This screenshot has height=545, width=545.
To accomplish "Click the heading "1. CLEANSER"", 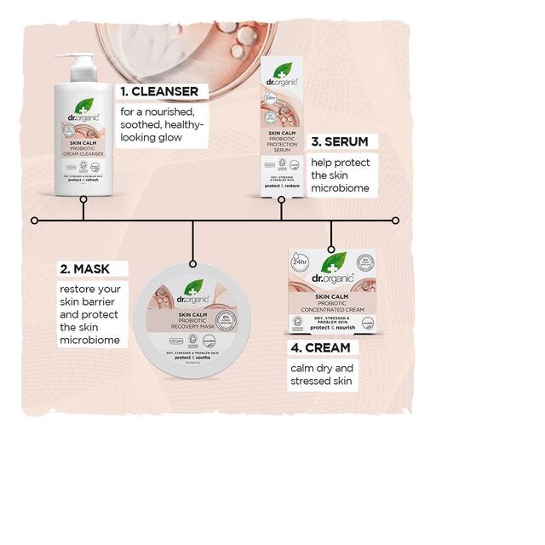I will [159, 91].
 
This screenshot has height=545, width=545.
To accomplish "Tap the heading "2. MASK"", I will [84, 269].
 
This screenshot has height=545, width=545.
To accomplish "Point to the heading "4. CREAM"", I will [319, 347].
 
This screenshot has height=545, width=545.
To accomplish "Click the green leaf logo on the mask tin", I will [192, 285].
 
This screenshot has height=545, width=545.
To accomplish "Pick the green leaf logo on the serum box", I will [282, 71].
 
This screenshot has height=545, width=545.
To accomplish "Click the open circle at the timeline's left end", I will [35, 221].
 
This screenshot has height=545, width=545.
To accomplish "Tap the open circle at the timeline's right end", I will [395, 221].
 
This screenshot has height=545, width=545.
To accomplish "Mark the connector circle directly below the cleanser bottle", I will [83, 201].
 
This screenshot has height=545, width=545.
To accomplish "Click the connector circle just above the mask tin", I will [192, 264].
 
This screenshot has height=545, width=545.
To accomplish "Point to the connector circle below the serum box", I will [282, 201].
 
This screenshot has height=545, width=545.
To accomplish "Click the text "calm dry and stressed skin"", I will [321, 375].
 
